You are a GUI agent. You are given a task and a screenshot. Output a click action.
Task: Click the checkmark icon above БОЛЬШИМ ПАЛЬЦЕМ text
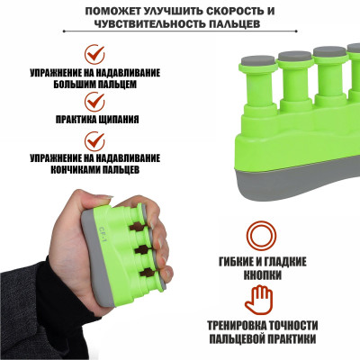(x=94, y=54)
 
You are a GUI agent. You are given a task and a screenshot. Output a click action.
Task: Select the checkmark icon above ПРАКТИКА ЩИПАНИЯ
(x=94, y=102)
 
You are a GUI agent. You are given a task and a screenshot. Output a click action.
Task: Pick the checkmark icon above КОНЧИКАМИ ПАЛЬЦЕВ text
(x=94, y=141)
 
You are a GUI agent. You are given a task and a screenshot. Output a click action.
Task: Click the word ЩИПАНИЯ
(x=119, y=120)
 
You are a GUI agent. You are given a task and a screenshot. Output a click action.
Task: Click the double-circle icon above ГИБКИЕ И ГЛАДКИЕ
(x=261, y=236)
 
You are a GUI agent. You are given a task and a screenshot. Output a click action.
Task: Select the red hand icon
(x=258, y=300)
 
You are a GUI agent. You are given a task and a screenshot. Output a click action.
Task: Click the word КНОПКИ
(x=262, y=274)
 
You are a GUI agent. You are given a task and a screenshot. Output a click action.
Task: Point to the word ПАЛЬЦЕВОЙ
(x=237, y=339)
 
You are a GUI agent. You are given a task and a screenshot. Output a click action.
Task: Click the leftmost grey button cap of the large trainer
(x=258, y=61)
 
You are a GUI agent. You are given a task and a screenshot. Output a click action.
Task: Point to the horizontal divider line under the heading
(x=180, y=31)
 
